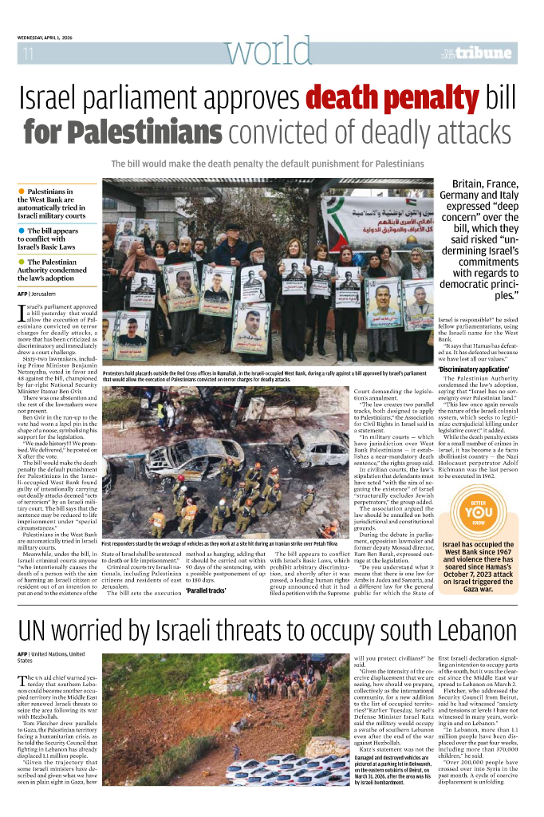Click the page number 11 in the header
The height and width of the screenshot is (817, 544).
28,54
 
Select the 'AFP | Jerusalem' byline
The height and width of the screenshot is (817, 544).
42,294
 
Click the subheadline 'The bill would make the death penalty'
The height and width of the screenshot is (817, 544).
267,164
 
